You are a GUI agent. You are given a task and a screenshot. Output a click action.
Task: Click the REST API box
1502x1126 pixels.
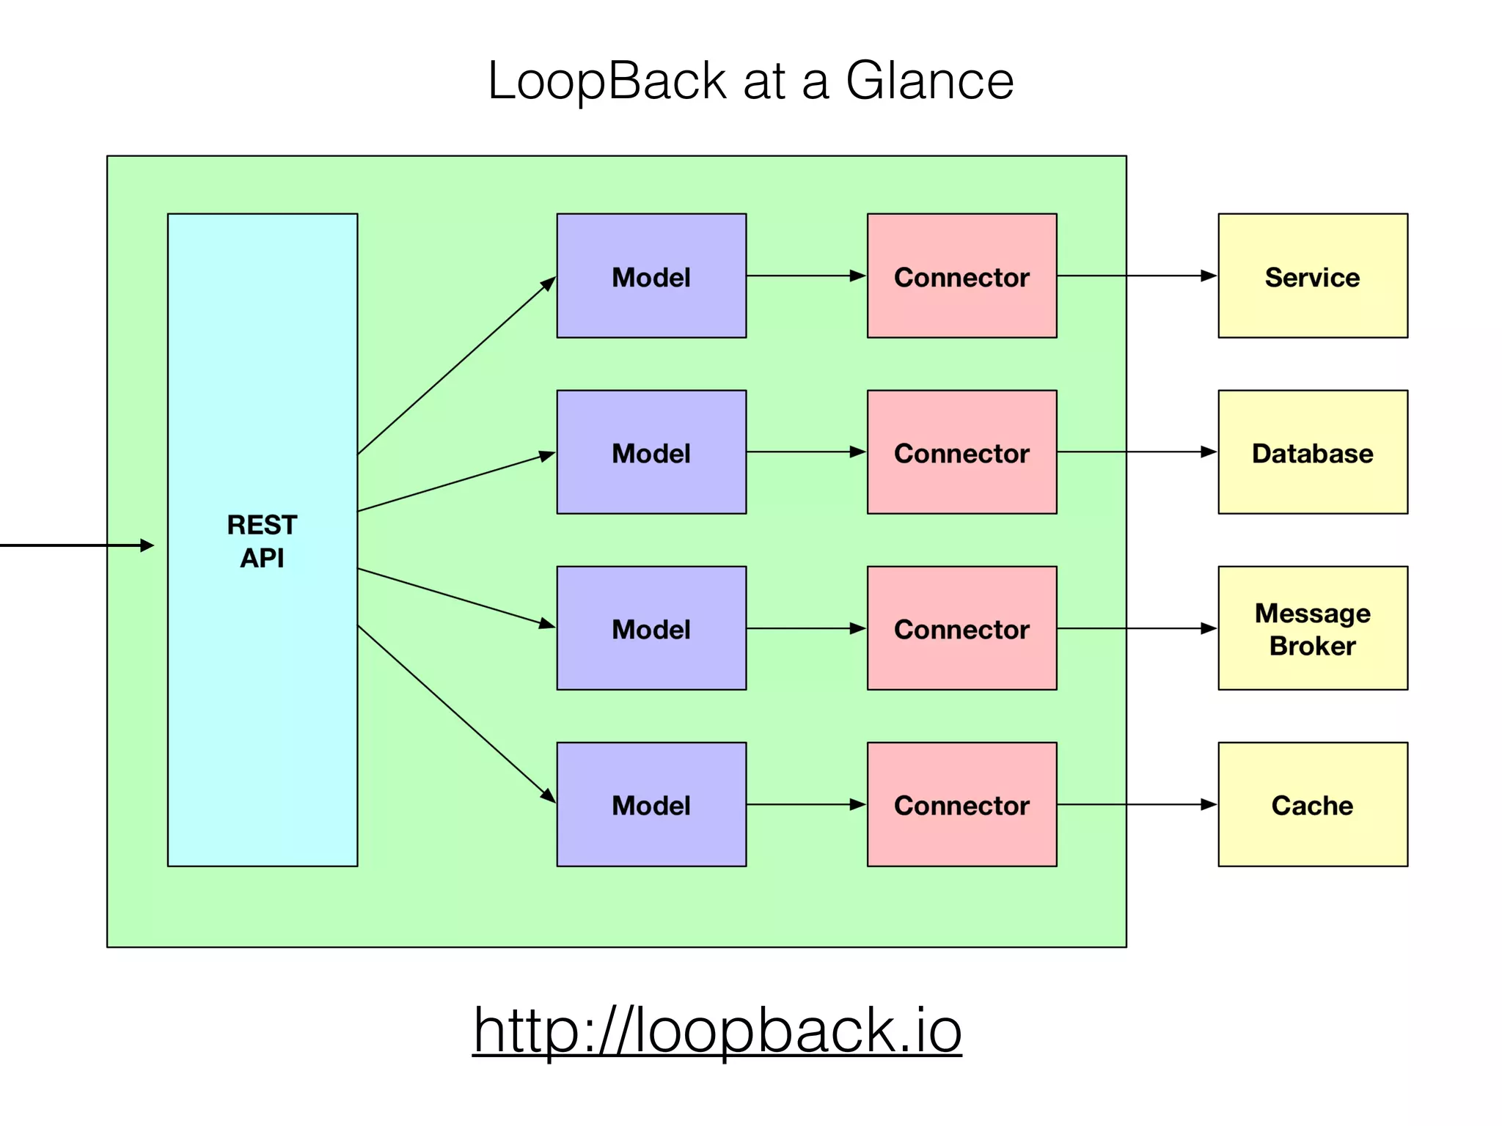pos(262,540)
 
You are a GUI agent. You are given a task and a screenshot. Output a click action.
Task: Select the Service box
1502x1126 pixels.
pos(1312,276)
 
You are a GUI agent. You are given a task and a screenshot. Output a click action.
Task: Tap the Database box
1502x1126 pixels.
pos(1312,452)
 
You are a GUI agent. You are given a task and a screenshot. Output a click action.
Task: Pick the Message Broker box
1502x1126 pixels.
pos(1312,628)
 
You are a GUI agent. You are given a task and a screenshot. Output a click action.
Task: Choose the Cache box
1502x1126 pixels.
pos(1312,804)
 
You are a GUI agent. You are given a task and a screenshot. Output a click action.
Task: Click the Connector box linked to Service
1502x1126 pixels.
pos(961,276)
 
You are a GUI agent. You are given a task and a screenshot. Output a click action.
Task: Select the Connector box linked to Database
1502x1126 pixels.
pos(961,452)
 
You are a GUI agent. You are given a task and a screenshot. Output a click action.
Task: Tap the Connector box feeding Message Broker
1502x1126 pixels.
pos(961,628)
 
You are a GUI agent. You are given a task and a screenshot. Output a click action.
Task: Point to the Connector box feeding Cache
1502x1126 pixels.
pos(961,804)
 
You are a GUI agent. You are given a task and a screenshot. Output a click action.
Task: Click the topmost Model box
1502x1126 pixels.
pos(651,276)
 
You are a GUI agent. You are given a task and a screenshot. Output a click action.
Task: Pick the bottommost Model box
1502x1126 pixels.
pos(651,804)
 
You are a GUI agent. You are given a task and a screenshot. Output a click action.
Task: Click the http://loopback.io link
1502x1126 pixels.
pos(717,1030)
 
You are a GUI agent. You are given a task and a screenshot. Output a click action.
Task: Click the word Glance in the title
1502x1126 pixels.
pos(929,81)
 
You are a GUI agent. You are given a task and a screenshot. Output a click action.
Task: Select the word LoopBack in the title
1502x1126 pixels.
pos(607,81)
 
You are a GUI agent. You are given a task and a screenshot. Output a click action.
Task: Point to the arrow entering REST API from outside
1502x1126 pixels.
pos(73,545)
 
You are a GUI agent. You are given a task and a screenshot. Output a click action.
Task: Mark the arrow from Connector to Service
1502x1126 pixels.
pos(1137,276)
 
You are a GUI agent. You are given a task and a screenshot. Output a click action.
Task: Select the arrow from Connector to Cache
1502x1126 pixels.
pos(1137,804)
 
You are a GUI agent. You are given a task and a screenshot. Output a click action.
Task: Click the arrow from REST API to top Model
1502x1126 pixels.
pos(456,365)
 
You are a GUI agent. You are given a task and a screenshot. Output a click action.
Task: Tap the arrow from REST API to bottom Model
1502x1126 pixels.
pos(456,714)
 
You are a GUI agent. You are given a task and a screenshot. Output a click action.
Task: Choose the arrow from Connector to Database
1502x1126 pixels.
pos(1137,452)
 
